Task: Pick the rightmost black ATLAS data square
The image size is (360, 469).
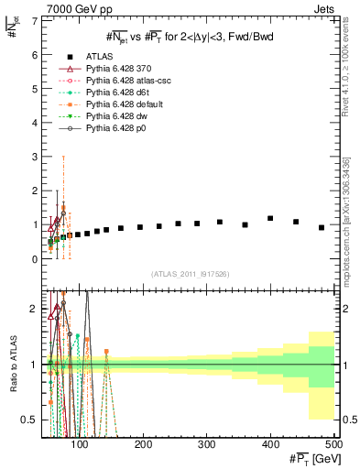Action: click(x=322, y=227)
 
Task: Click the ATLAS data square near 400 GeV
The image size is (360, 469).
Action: click(x=270, y=219)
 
